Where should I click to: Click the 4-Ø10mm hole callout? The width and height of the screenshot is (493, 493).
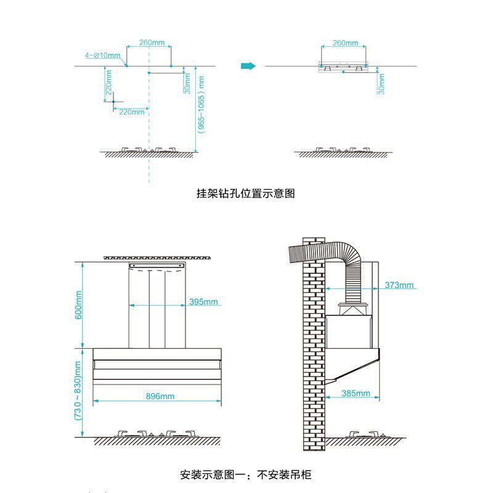103,55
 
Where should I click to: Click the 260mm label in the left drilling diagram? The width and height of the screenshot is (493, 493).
152,43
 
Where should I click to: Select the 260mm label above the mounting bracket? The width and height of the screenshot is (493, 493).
345,43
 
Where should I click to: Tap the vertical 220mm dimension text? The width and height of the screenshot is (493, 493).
108,86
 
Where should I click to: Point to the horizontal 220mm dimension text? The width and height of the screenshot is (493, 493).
131,112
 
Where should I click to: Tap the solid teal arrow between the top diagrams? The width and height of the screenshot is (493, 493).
248,66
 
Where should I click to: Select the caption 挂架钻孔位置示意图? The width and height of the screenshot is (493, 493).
246,194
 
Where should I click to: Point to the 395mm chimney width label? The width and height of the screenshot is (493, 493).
204,302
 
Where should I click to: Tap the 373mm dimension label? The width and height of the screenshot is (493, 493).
399,285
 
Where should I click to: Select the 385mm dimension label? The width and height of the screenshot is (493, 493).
356,393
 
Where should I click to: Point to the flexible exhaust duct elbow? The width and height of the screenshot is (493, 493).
345,259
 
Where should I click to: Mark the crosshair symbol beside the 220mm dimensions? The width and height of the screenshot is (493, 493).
114,102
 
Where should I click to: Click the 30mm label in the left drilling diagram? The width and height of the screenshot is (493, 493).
187,83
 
